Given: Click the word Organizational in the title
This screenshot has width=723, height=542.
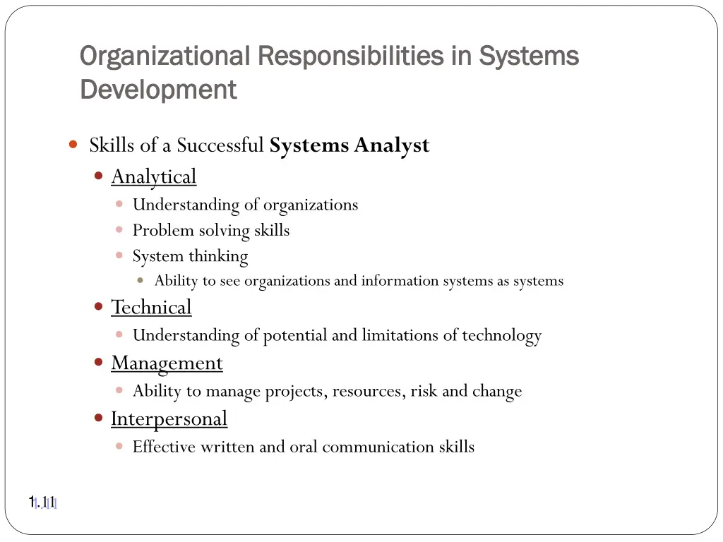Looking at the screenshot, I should click(165, 56).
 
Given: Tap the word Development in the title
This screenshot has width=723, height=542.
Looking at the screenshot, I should click(158, 90).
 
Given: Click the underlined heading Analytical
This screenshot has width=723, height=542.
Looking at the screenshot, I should click(153, 176).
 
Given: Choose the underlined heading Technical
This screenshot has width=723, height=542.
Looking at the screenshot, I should click(151, 308).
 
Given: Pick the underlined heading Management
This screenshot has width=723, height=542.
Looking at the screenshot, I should click(167, 363).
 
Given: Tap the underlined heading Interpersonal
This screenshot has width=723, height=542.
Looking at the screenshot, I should click(169, 418).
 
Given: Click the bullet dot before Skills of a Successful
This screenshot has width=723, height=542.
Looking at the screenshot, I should click(73, 145).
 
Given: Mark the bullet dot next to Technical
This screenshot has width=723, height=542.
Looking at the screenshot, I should click(99, 307).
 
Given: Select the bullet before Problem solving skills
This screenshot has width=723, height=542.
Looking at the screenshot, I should click(119, 230).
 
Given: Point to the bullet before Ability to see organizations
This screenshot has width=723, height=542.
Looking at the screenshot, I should click(141, 280).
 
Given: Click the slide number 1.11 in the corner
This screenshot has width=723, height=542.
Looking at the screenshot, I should click(42, 502).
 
